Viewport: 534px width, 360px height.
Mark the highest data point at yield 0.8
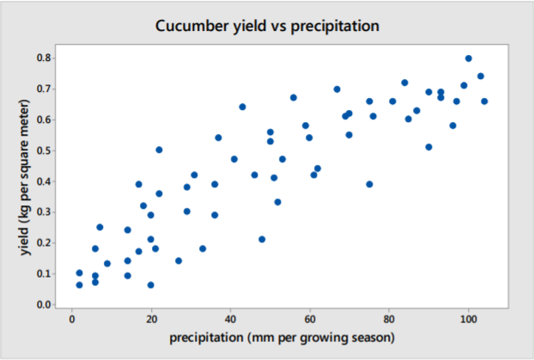click(x=469, y=58)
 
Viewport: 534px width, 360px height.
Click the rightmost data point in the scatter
click(x=484, y=101)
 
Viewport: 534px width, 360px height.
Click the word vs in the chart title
click(x=274, y=25)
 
